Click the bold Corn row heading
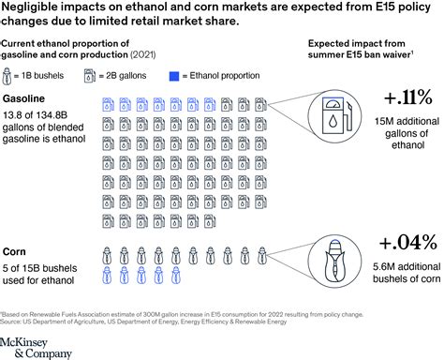click(14, 251)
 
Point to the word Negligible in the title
click(37, 7)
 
